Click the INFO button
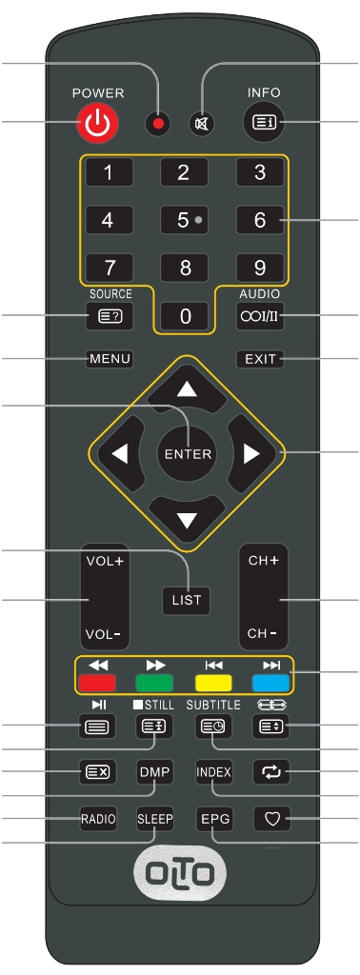[264, 123]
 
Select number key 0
[186, 316]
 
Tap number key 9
[260, 268]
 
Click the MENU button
[110, 359]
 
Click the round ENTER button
[188, 454]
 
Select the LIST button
[188, 600]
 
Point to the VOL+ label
[105, 561]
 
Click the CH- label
[263, 633]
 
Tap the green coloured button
[154, 684]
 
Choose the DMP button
[154, 772]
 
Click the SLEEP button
[155, 820]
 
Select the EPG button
[214, 820]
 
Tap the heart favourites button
[272, 820]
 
